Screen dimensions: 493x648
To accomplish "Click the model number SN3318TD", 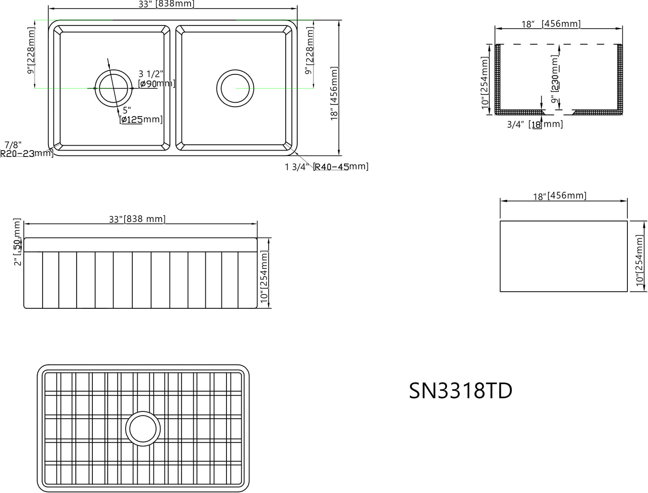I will point(461,391).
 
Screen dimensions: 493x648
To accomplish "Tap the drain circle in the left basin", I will point(113,88).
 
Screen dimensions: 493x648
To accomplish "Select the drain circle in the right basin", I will point(235,88).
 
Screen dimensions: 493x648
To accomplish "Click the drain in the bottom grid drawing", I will point(143,428).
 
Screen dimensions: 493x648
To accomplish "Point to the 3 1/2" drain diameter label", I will point(156,78).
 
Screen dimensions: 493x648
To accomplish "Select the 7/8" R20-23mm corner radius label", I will point(26,149).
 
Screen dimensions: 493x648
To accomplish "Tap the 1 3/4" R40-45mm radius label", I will point(326,167).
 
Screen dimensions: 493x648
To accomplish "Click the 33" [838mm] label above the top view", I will point(172,4).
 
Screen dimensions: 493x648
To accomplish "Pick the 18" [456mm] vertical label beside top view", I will point(335,93).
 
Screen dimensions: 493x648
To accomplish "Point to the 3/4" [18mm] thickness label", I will point(535,124).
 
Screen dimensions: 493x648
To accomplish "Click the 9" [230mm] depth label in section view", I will point(555,79).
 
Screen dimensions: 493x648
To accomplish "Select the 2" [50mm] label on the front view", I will point(17,242).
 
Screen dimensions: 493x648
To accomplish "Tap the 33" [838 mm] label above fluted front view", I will point(137,219).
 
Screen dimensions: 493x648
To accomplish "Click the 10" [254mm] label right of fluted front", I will point(264,275).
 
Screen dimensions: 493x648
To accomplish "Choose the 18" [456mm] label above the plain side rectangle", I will point(559,196).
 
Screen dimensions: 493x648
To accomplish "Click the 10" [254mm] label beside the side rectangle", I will point(639,259).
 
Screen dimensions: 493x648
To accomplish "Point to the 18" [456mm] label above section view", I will point(551,24).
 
